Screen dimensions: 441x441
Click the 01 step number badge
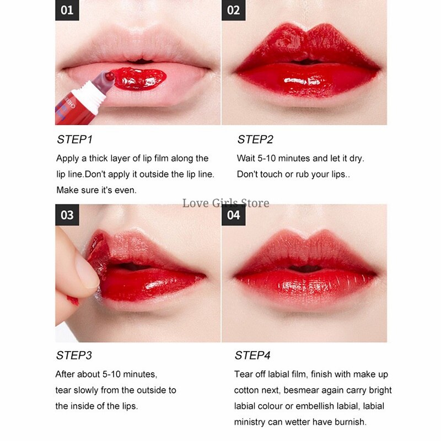[67, 10]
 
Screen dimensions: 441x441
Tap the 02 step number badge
[234, 10]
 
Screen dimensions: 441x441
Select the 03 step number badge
[67, 214]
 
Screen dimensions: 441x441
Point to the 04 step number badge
[234, 214]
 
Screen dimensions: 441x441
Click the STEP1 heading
[76, 139]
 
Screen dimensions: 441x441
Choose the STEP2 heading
[255, 139]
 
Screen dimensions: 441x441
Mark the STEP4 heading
[253, 356]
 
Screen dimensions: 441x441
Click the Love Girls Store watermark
[226, 203]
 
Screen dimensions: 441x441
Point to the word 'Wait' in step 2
[246, 159]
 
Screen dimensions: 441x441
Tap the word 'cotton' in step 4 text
[248, 390]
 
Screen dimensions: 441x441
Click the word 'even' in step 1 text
[125, 190]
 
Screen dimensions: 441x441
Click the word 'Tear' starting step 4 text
[244, 374]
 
